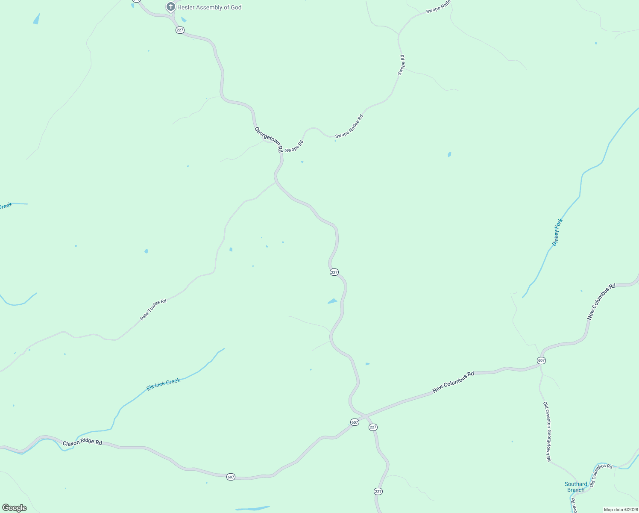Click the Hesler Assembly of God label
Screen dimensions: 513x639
[x=209, y=7]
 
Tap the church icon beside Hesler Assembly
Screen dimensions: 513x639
[x=170, y=7]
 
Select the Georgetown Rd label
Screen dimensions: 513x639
[x=269, y=139]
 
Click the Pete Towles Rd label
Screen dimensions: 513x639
[x=153, y=310]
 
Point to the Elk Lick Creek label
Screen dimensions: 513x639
[x=164, y=384]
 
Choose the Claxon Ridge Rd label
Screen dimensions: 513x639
[x=82, y=442]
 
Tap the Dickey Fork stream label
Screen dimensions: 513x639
[x=557, y=232]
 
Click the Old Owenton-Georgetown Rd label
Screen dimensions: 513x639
[x=547, y=431]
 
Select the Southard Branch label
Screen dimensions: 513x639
[x=576, y=487]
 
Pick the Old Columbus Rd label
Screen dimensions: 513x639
[x=601, y=475]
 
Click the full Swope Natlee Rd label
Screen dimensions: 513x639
[x=349, y=126]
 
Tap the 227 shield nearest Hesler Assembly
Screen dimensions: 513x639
[x=180, y=30]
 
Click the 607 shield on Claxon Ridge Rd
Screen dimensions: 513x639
[x=231, y=477]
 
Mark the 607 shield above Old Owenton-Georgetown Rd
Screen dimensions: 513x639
[x=541, y=360]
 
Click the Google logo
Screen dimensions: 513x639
[x=15, y=508]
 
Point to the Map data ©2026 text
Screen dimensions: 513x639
[x=620, y=510]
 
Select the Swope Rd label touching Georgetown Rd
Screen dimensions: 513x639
[x=294, y=146]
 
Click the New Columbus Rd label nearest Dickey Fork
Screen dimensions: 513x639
[x=601, y=301]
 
